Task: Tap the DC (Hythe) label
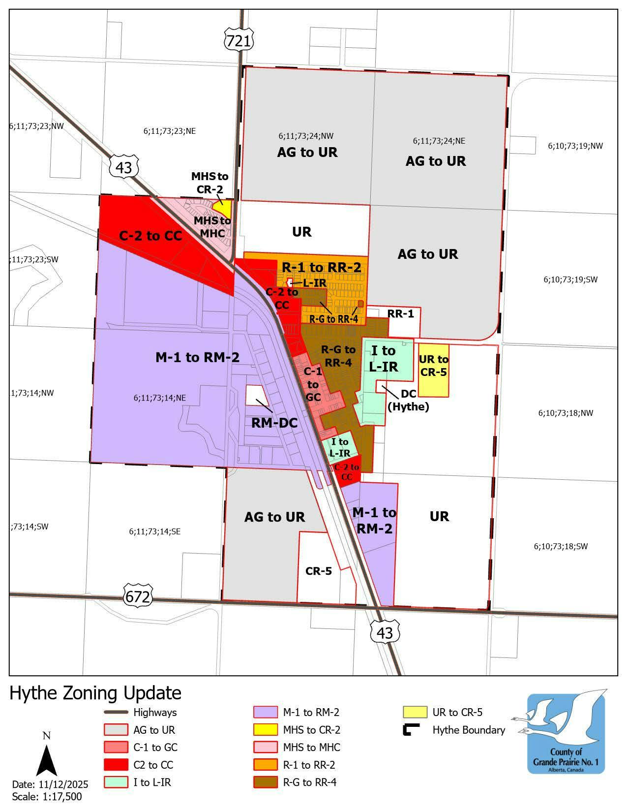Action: [408, 400]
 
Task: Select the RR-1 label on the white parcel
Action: [400, 314]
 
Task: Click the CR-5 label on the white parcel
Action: [319, 571]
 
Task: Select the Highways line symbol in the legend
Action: [116, 712]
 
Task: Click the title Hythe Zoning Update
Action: [96, 693]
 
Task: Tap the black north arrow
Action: [47, 760]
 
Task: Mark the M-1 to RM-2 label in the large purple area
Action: [197, 357]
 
